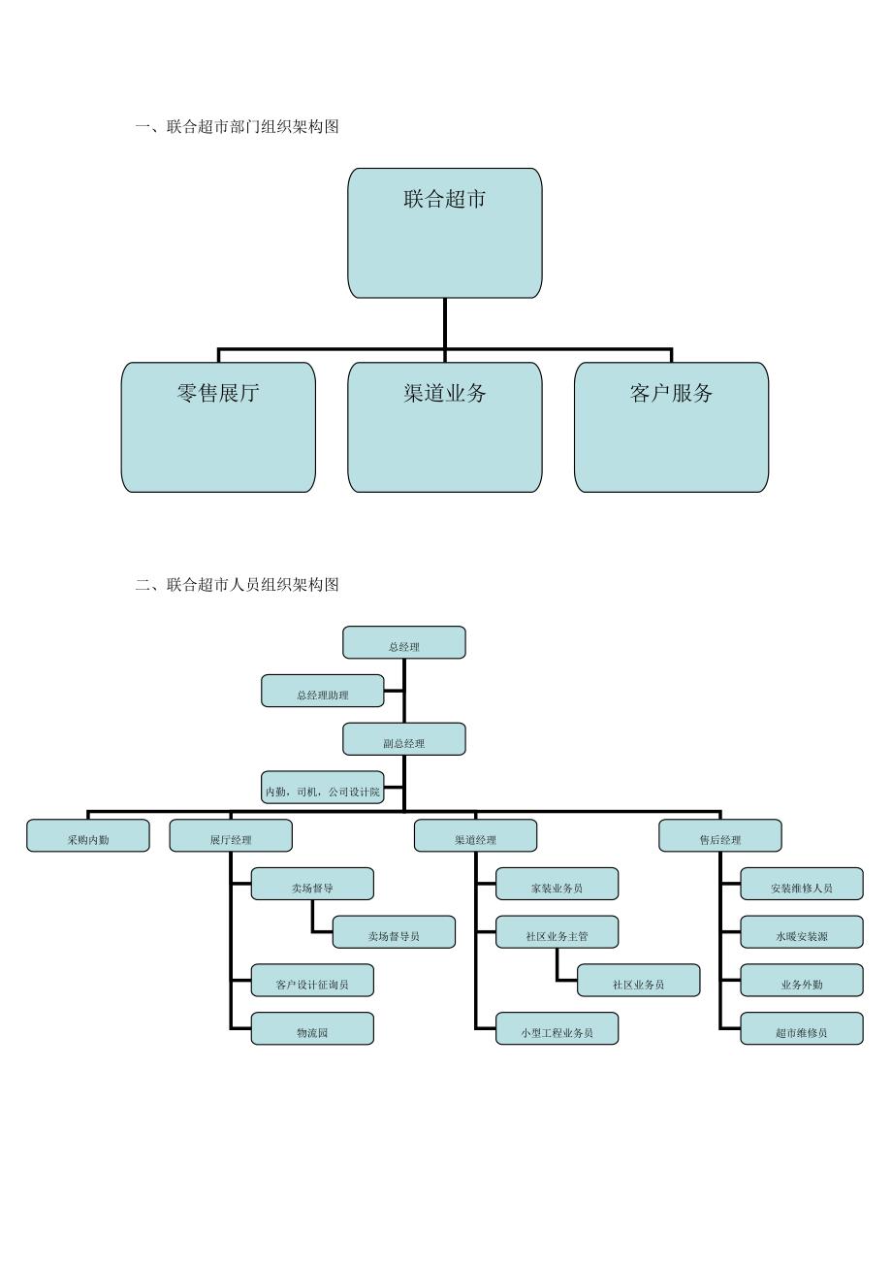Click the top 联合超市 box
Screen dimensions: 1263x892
445,233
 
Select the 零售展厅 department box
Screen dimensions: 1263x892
218,427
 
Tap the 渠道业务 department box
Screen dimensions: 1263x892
445,427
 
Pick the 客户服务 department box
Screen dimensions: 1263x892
671,427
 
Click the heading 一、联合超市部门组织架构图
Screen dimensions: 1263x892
238,126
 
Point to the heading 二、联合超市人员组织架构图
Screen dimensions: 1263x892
238,584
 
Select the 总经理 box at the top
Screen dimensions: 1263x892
404,642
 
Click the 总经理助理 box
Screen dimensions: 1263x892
323,691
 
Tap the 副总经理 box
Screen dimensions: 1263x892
404,739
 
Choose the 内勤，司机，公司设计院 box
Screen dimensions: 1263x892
323,788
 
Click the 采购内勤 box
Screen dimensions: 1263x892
88,836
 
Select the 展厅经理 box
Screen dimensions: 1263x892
231,836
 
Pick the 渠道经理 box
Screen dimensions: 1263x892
475,836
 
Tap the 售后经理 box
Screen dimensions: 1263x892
720,836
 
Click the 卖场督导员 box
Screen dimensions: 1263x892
394,932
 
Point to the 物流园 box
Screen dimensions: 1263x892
312,1029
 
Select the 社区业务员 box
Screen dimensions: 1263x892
638,981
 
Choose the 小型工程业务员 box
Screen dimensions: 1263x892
557,1029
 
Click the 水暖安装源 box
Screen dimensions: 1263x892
802,932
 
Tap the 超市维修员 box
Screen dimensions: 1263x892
802,1029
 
